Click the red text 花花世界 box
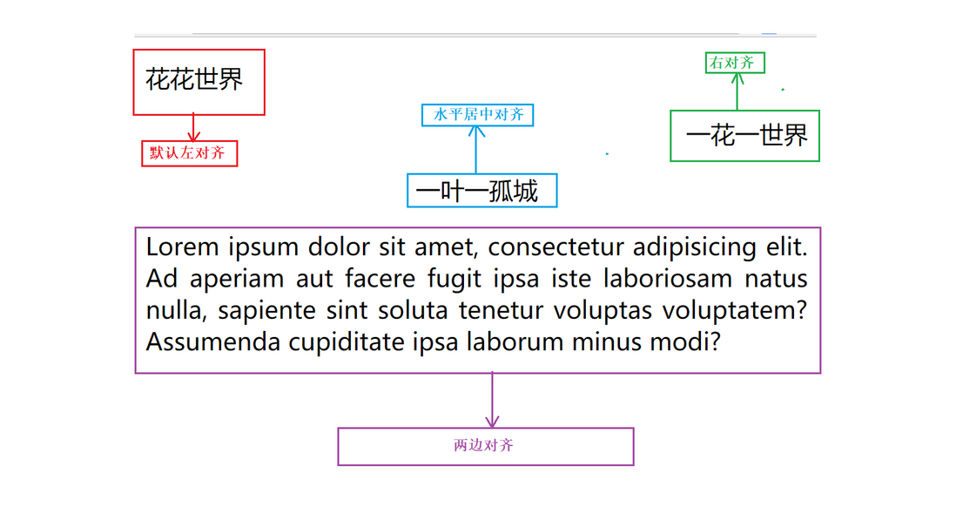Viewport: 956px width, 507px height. pyautogui.click(x=199, y=82)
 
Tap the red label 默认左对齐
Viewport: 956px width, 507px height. pyautogui.click(x=189, y=153)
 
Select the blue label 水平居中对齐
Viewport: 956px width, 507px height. pyautogui.click(x=477, y=115)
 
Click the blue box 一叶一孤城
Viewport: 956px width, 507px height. pyautogui.click(x=481, y=191)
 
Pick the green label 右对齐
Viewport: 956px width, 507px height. pyautogui.click(x=735, y=63)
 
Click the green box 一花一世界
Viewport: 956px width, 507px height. pyautogui.click(x=744, y=136)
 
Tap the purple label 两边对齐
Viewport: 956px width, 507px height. pyautogui.click(x=485, y=446)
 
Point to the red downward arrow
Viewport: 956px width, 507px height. pyautogui.click(x=193, y=127)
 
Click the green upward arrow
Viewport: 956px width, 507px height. pyautogui.click(x=737, y=91)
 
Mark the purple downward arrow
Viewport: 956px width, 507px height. pyautogui.click(x=492, y=401)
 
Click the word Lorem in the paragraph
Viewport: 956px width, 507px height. pyautogui.click(x=182, y=247)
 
